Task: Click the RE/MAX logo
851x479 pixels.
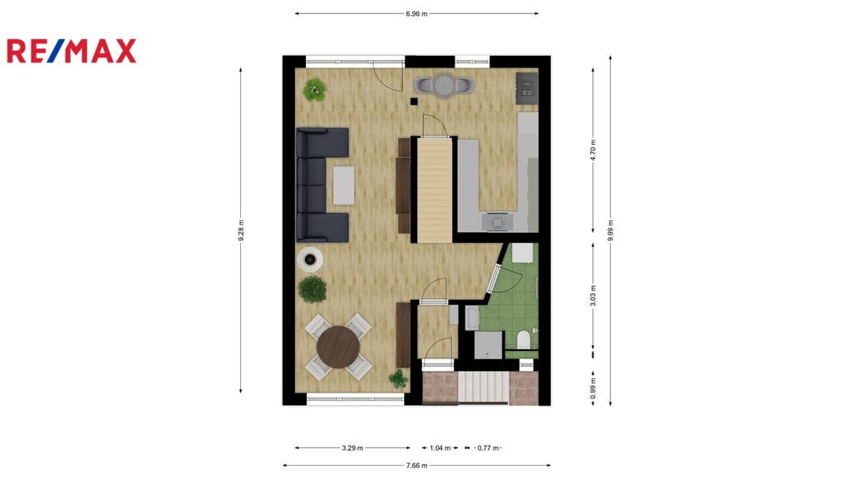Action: tap(71, 51)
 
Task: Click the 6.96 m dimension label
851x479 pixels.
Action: tap(416, 13)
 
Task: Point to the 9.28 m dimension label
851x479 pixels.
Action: tap(241, 230)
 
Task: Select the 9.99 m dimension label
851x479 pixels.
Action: tap(610, 230)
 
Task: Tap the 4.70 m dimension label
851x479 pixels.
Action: tap(593, 150)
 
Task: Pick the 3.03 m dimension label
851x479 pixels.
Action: tap(593, 295)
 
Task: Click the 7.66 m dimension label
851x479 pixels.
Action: tap(416, 466)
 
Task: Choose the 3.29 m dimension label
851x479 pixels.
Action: tap(352, 448)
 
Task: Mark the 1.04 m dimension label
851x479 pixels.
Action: tap(440, 448)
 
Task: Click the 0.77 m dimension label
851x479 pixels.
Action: tap(488, 448)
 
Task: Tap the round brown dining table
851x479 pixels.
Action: tap(338, 347)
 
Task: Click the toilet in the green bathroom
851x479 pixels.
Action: tap(524, 339)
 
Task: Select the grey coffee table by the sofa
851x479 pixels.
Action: tap(343, 185)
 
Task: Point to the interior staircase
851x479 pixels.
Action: tap(434, 190)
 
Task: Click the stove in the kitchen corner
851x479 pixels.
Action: tap(526, 87)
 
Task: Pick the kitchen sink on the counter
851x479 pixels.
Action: tap(498, 221)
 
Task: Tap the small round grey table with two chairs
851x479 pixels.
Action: tap(444, 86)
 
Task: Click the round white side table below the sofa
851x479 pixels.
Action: tap(310, 259)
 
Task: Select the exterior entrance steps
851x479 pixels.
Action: tap(483, 388)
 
